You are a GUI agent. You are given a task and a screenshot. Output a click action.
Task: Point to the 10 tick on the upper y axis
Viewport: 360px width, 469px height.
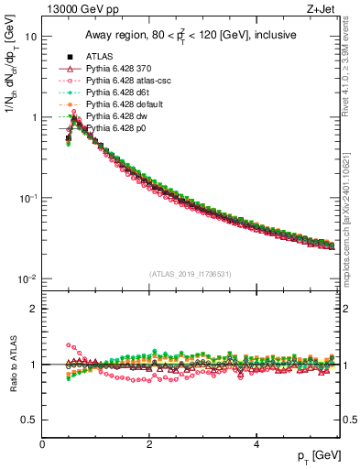tap(31, 37)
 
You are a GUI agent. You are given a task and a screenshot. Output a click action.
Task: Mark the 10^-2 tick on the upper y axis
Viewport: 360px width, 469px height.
tap(27, 278)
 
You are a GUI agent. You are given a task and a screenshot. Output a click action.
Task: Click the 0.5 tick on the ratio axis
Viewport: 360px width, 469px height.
tap(28, 420)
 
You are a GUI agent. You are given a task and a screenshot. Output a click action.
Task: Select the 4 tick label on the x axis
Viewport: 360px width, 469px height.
tap(256, 444)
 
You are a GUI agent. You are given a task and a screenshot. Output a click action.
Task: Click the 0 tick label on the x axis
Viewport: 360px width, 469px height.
tap(42, 444)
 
